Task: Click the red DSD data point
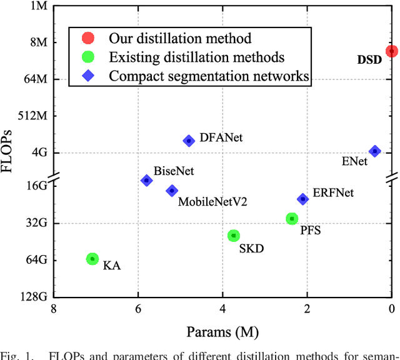tap(392, 51)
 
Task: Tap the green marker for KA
tap(92, 259)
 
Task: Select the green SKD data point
tap(234, 236)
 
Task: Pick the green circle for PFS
tap(292, 218)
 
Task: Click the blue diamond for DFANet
tap(189, 141)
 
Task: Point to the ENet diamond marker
tap(375, 151)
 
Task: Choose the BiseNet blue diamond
tap(146, 180)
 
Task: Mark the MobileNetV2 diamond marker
tap(172, 191)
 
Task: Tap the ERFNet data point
tap(302, 199)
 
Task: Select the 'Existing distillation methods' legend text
tap(197, 57)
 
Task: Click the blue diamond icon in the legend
tap(88, 76)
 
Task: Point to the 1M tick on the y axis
tap(36, 6)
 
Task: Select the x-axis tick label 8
tap(54, 309)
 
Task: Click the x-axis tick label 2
tap(307, 309)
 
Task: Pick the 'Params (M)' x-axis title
tap(222, 331)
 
